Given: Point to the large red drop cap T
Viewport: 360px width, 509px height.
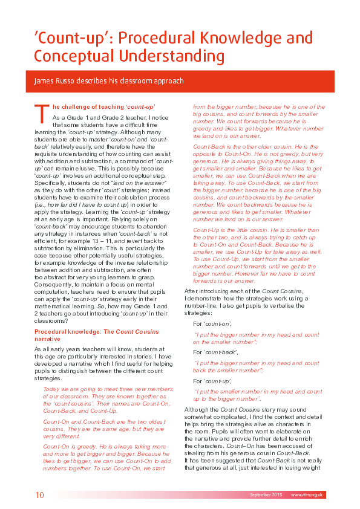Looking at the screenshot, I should (x=41, y=114).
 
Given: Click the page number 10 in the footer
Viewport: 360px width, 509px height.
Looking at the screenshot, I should (x=39, y=495).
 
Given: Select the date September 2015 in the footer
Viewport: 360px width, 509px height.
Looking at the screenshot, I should (x=266, y=495).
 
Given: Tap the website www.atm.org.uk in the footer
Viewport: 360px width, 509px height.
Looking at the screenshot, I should (x=307, y=495).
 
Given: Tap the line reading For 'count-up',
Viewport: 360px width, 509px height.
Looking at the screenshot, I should (x=209, y=381).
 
